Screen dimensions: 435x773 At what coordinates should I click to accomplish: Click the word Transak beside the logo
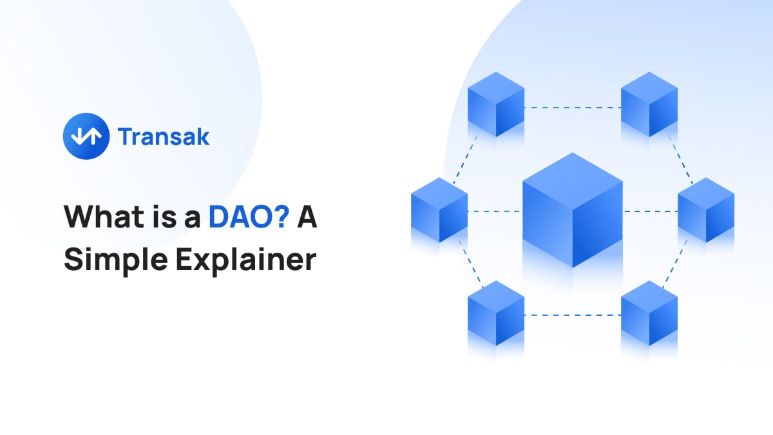[164, 137]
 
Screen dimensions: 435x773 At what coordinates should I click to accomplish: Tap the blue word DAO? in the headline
[249, 218]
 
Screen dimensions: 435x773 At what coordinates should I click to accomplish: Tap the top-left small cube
[495, 104]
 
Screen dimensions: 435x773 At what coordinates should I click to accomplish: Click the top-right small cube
[649, 104]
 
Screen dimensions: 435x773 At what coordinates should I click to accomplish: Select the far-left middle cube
[439, 210]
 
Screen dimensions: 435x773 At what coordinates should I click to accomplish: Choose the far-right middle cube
[706, 210]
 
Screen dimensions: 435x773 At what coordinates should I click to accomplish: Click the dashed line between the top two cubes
[572, 108]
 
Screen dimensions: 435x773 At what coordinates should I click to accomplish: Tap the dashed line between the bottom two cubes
[572, 315]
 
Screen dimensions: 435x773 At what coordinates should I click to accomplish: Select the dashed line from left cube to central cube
[494, 211]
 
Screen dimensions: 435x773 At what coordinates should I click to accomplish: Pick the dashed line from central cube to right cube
[650, 211]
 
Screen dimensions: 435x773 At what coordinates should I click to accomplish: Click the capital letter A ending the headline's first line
[307, 218]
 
